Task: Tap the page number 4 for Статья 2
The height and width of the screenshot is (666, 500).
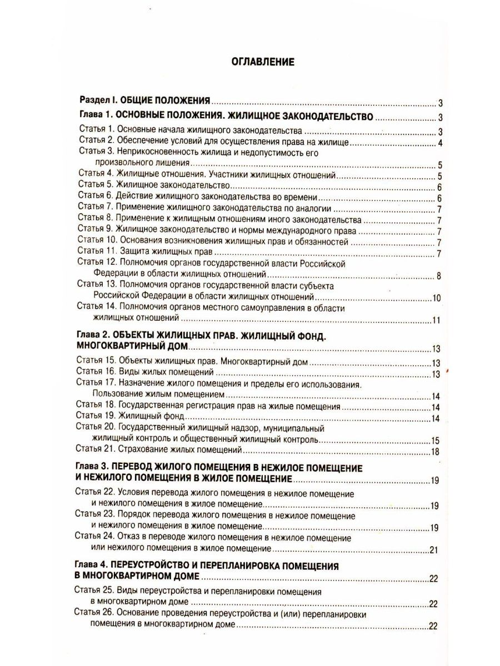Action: (x=439, y=144)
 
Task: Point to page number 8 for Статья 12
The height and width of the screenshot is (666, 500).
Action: (x=439, y=276)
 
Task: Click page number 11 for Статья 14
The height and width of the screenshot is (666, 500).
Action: (x=436, y=321)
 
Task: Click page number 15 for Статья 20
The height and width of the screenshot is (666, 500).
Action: (x=436, y=441)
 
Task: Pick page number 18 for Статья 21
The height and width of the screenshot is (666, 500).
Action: (x=436, y=451)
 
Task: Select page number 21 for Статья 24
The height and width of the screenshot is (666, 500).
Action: (x=436, y=550)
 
